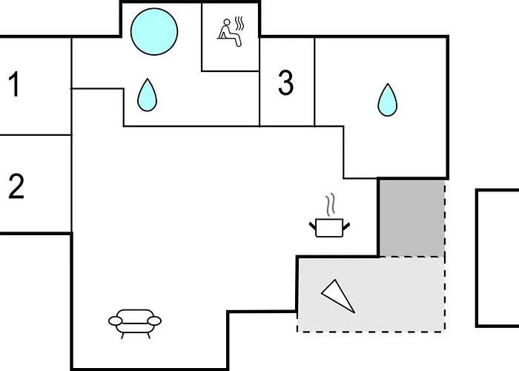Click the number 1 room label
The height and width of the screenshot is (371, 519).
tap(14, 85)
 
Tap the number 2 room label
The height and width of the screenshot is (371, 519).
tap(16, 186)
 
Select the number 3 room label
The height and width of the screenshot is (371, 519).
tap(285, 84)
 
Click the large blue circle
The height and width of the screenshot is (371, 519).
tap(154, 31)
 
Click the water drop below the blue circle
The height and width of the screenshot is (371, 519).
tap(148, 95)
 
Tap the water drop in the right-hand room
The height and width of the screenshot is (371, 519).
tap(386, 99)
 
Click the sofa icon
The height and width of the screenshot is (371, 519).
tap(135, 322)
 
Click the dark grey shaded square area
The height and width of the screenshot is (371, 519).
tap(411, 217)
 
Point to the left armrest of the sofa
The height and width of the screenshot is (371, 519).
tap(115, 321)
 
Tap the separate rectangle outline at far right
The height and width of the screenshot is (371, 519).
tap(497, 257)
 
